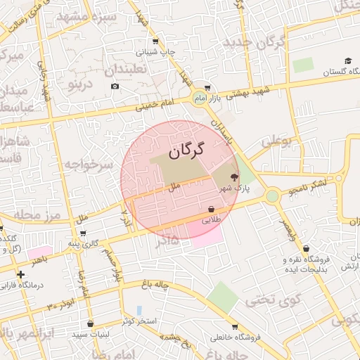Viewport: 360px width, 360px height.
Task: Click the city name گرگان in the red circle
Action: click(186, 150)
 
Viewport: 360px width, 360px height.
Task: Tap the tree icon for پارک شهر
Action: click(234, 179)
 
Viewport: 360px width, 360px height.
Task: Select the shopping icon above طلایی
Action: click(212, 209)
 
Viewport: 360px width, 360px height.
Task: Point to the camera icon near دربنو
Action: click(115, 86)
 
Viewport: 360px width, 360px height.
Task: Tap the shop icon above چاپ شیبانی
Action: click(155, 41)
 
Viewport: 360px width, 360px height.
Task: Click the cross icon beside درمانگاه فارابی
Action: click(20, 274)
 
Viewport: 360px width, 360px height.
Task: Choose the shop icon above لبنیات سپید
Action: click(90, 324)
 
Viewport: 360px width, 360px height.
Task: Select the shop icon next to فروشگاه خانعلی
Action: click(235, 327)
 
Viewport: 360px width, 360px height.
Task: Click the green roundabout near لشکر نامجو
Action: click(272, 195)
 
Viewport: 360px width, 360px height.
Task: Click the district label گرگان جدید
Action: click(255, 42)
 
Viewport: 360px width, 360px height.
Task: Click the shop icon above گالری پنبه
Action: click(84, 233)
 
